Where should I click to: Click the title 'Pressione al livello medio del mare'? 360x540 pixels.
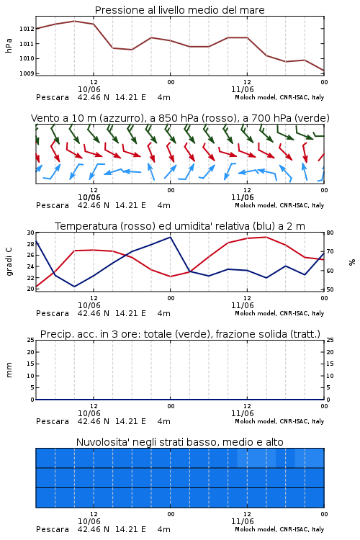[x=179, y=10]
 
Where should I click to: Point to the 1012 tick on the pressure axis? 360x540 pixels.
[x=27, y=29]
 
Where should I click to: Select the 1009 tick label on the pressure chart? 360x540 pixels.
[x=27, y=73]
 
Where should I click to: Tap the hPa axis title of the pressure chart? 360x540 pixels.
[x=9, y=45]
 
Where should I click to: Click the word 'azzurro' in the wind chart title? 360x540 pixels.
[x=121, y=118]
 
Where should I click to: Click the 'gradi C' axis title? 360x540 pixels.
[x=9, y=262]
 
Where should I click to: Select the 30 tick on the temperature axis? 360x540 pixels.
[x=31, y=233]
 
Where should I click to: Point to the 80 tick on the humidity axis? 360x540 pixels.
[x=330, y=233]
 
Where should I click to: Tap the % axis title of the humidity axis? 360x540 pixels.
[x=352, y=262]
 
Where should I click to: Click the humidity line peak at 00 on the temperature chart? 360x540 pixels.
[x=170, y=237]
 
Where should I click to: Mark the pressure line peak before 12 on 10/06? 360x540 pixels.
[x=74, y=21]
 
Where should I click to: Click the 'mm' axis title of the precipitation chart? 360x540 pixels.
[x=9, y=370]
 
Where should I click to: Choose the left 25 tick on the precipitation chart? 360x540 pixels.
[x=31, y=340]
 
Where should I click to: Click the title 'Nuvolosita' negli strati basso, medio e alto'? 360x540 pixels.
[x=179, y=442]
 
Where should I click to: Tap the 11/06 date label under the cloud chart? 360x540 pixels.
[x=243, y=521]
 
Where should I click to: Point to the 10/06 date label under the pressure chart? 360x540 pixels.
[x=89, y=89]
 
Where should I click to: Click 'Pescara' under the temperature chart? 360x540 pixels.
[x=53, y=313]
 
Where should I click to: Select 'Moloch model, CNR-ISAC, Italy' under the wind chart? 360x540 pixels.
[x=279, y=205]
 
